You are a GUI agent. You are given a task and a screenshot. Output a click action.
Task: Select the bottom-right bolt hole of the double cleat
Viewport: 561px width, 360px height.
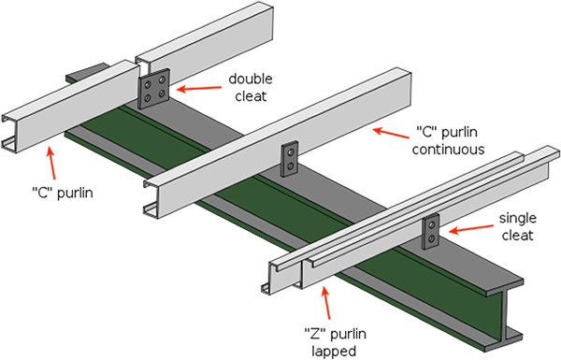162,94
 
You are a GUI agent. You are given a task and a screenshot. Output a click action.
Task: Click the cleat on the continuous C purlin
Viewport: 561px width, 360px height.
290,159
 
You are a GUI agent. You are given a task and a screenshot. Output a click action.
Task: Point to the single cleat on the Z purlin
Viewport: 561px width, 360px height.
431,231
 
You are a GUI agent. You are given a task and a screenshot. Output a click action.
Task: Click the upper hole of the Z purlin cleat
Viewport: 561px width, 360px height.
432,225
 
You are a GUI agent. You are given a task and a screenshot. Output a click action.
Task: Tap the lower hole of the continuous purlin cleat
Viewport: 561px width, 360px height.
290,166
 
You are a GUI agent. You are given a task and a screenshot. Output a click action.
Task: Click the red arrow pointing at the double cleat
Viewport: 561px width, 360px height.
199,88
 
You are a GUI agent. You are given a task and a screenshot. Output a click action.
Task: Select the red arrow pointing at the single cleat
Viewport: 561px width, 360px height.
471,229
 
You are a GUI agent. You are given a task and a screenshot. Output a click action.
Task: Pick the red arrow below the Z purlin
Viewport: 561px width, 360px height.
326,302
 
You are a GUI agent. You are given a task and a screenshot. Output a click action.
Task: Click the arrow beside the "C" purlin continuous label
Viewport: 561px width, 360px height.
391,133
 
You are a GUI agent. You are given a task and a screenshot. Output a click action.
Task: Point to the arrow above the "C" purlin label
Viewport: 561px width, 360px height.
51,164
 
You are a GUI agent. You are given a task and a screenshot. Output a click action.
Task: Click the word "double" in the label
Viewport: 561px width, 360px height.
251,79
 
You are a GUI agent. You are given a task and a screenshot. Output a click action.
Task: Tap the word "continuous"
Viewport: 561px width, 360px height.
448,150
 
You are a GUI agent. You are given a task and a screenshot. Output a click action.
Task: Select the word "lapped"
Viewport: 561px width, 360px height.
334,351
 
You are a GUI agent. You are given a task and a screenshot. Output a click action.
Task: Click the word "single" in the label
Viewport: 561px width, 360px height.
518,218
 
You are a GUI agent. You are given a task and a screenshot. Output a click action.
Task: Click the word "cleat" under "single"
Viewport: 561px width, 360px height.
518,236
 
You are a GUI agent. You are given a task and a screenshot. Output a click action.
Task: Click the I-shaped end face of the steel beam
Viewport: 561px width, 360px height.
505,315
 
